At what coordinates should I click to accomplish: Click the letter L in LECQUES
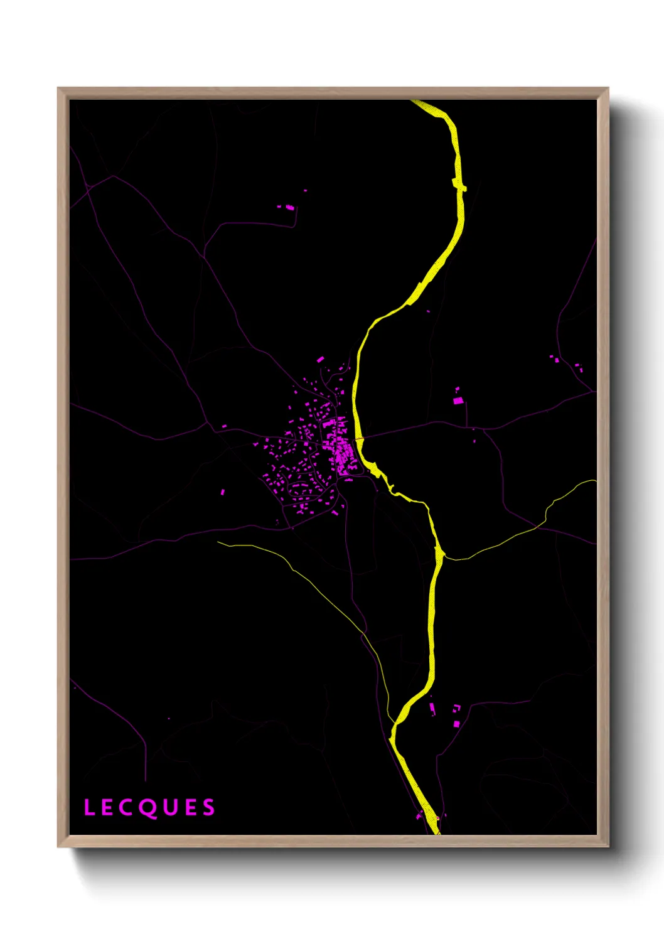click(89, 807)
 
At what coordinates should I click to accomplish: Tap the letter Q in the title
click(149, 808)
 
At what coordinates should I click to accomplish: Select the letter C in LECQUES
click(128, 807)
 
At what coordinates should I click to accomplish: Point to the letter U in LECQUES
click(170, 807)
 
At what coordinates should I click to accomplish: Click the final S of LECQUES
click(208, 807)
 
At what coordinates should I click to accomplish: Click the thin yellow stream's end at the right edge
click(594, 481)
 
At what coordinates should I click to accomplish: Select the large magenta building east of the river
click(458, 400)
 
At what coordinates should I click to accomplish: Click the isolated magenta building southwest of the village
click(223, 492)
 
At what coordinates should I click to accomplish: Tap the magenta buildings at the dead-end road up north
click(289, 207)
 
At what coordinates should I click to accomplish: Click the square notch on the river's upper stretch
click(460, 185)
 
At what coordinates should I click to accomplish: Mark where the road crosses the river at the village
click(360, 438)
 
